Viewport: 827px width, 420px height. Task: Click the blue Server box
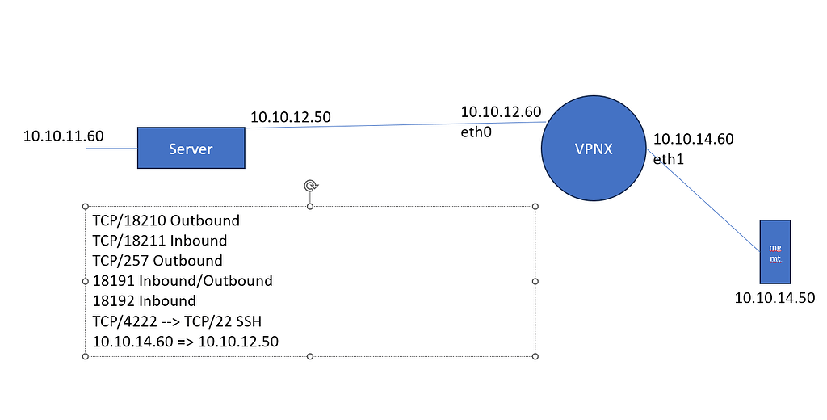191,148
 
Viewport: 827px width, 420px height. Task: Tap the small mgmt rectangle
775,251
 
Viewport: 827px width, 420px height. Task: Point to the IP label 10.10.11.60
63,136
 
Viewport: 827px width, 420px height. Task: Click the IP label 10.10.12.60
501,111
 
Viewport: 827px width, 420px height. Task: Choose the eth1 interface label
668,159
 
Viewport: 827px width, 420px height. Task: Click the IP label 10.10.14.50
774,298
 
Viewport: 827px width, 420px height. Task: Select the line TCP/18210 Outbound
166,220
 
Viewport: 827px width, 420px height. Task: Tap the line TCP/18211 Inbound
159,241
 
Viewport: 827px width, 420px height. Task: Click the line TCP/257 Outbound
157,261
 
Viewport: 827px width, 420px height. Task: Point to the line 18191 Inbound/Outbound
182,281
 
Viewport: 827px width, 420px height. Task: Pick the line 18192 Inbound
144,301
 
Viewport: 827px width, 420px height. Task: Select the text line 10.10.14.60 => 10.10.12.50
185,342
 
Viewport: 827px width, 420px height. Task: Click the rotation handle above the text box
310,187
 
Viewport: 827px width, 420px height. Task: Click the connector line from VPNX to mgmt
703,194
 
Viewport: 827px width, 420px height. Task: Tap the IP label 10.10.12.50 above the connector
290,117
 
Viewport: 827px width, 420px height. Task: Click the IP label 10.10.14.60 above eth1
693,139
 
